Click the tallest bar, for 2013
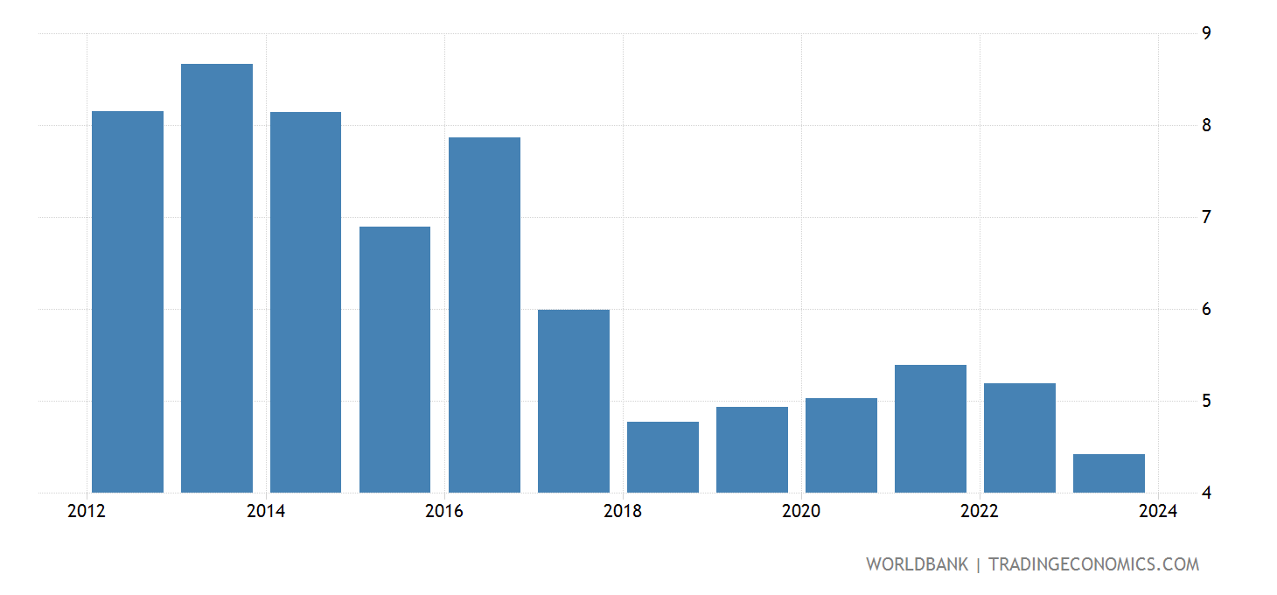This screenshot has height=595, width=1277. coord(217,278)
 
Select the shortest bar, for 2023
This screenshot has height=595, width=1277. coord(1109,473)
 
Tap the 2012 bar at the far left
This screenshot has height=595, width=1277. coord(128,302)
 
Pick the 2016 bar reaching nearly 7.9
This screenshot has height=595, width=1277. coord(484,315)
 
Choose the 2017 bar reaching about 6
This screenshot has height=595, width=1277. coord(574,401)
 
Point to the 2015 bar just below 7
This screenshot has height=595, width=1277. coord(394,360)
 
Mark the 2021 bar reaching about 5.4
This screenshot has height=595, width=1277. coord(931,429)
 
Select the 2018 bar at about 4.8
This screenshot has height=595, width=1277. coord(663,457)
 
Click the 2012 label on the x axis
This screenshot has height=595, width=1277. coord(87,511)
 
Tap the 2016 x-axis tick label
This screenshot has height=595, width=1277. coord(443,511)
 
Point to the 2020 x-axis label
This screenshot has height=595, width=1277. coord(800,511)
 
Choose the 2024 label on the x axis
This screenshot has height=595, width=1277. coord(1157,511)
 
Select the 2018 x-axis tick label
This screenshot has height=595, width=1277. coord(622,511)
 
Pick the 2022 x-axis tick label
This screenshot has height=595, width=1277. coord(979,511)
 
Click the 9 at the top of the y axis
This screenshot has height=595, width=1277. coord(1206,33)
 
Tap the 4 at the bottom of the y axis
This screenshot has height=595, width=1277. coord(1206,493)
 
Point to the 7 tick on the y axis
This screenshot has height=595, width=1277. coord(1206,217)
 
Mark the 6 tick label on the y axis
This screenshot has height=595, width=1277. coord(1206,309)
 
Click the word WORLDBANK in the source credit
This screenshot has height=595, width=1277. coord(917,564)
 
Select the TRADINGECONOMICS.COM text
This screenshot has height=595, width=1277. coord(1093,564)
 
